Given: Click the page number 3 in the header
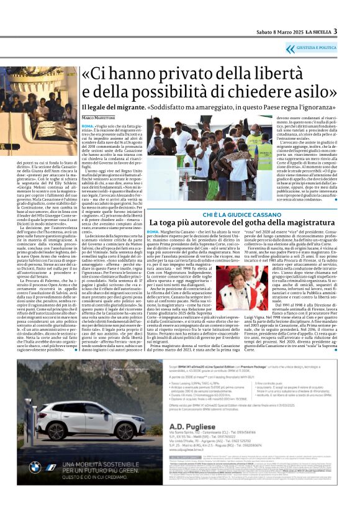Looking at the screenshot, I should tap(335, 31).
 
